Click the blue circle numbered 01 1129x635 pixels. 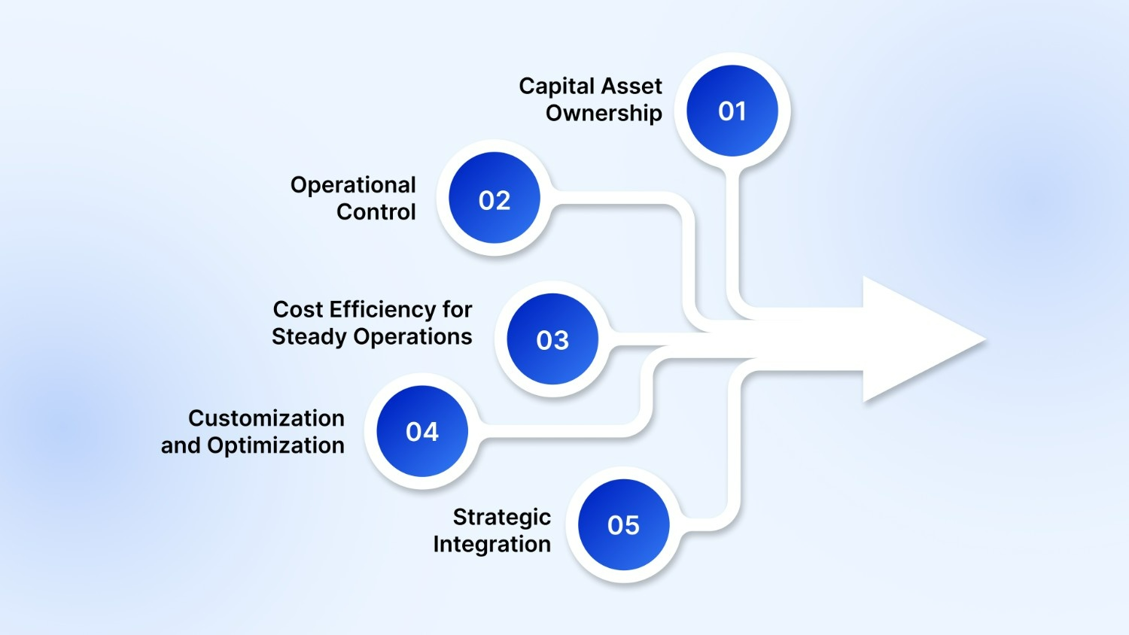click(x=732, y=111)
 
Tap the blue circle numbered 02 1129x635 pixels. click(x=495, y=199)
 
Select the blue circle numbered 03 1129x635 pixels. click(x=552, y=339)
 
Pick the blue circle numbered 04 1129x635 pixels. click(x=422, y=431)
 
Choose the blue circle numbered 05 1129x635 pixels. click(x=623, y=524)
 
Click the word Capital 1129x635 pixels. click(x=555, y=87)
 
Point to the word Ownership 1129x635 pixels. click(x=604, y=114)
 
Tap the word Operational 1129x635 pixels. click(x=353, y=185)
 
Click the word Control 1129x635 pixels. click(x=376, y=212)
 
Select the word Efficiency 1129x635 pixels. click(x=382, y=310)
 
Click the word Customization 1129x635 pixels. click(x=266, y=418)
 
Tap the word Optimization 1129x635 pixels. click(x=275, y=445)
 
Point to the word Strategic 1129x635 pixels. click(x=501, y=518)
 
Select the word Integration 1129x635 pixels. click(x=491, y=544)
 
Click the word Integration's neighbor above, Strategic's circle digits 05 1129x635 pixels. click(x=623, y=524)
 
